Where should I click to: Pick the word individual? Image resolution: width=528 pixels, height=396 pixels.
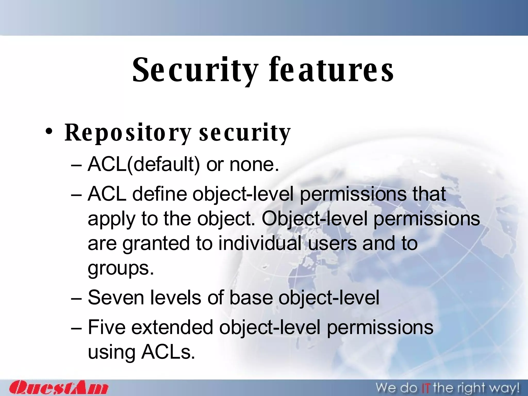260,243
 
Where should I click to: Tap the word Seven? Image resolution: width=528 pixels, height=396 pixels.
116,298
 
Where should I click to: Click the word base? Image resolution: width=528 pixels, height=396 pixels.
251,298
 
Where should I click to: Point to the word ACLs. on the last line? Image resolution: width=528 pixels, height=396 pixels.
168,352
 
